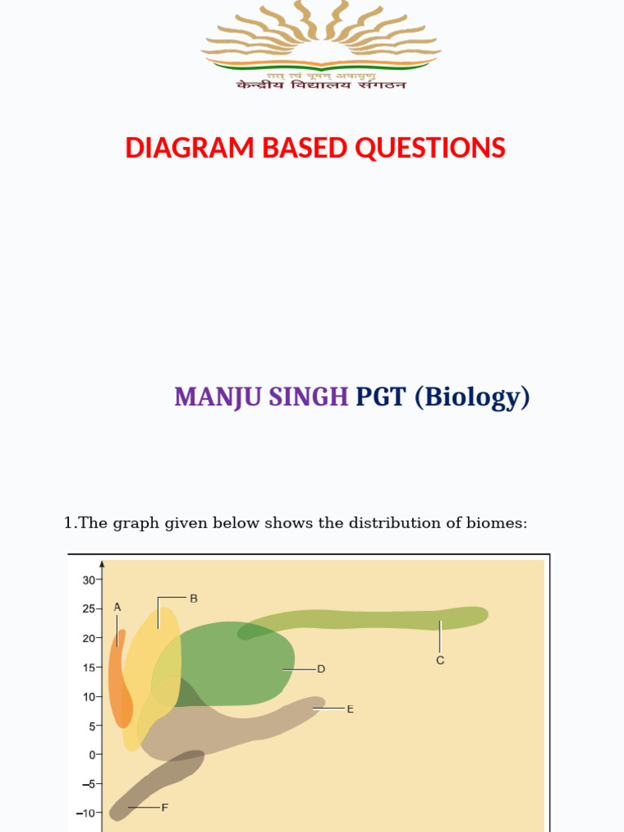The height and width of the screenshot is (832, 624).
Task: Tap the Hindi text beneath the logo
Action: pyautogui.click(x=321, y=84)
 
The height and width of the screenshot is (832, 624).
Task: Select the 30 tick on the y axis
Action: pyautogui.click(x=89, y=579)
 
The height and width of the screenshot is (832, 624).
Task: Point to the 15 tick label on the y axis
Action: pyautogui.click(x=89, y=667)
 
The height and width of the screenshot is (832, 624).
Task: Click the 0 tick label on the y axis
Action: pyautogui.click(x=93, y=755)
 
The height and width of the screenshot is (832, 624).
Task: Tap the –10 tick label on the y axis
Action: pyautogui.click(x=86, y=812)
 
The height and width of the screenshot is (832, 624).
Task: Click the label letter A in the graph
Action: pyautogui.click(x=117, y=606)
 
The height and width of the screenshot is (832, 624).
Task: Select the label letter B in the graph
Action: pyautogui.click(x=193, y=598)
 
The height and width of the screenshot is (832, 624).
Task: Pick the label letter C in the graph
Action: pyautogui.click(x=440, y=661)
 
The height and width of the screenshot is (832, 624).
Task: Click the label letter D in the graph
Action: pyautogui.click(x=321, y=669)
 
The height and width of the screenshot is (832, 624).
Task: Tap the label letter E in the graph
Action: pyautogui.click(x=350, y=708)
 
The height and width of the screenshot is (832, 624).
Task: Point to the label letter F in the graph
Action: pyautogui.click(x=164, y=807)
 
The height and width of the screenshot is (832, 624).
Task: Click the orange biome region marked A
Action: pyautogui.click(x=119, y=682)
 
